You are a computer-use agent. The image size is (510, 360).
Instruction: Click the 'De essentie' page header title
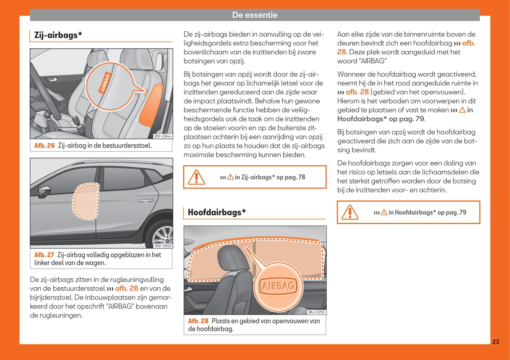[x=254, y=15]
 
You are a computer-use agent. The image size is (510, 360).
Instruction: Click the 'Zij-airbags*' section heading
[x=58, y=35]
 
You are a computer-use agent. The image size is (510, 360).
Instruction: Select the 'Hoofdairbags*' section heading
[x=217, y=212]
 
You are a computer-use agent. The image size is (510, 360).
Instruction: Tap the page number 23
[x=495, y=342]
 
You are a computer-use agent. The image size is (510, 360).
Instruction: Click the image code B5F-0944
[x=163, y=136]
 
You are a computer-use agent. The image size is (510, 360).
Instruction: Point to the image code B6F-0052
[x=163, y=246]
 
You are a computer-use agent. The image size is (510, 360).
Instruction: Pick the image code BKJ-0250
[x=317, y=312]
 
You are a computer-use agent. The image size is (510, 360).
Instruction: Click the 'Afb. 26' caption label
[x=45, y=146]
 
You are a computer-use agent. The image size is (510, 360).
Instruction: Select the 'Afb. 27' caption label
[x=44, y=255]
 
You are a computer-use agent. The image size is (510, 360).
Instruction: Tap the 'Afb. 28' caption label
[x=198, y=321]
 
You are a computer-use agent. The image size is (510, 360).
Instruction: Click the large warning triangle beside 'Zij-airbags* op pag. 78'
[x=197, y=177]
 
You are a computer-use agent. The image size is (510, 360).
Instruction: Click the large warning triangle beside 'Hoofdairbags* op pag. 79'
[x=350, y=212]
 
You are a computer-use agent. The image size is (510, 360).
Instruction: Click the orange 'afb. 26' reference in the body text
[x=126, y=288]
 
